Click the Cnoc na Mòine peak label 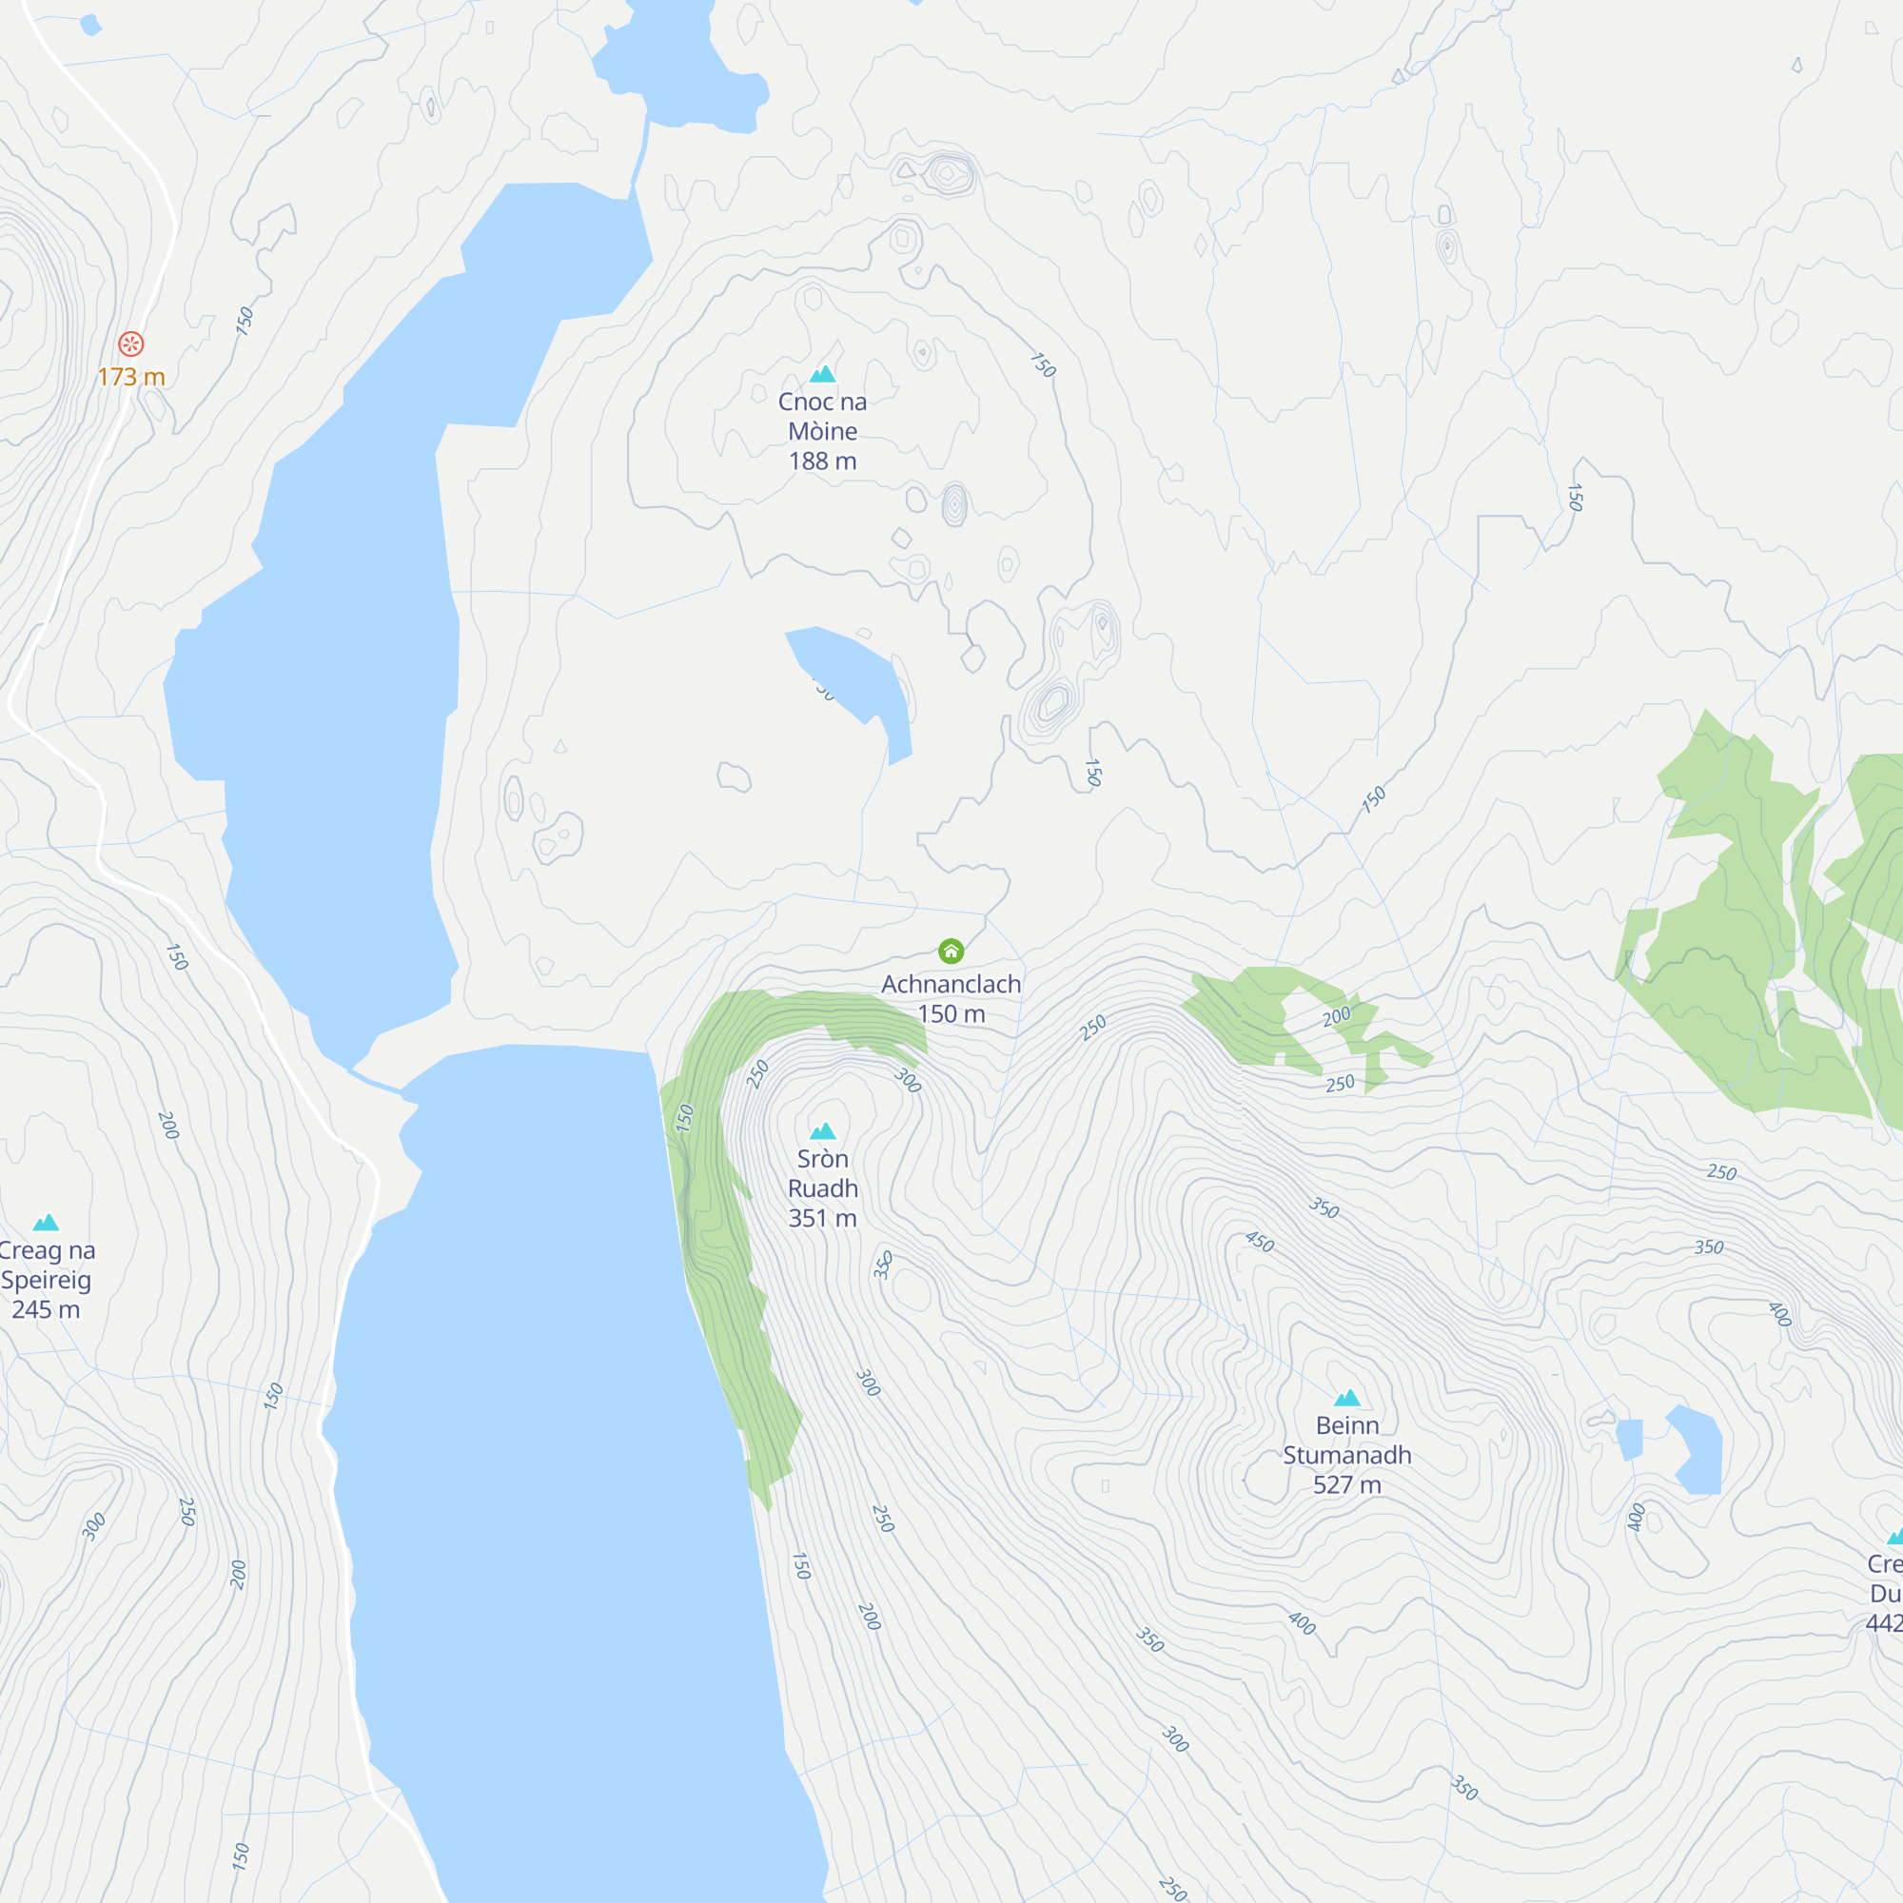pyautogui.click(x=822, y=417)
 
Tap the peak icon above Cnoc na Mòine pyautogui.click(x=822, y=373)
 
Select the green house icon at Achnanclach pyautogui.click(x=951, y=951)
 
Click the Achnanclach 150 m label pyautogui.click(x=951, y=998)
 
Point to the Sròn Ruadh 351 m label pyautogui.click(x=822, y=1187)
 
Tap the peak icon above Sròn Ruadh pyautogui.click(x=822, y=1130)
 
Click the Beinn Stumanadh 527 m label pyautogui.click(x=1346, y=1454)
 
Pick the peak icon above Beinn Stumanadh pyautogui.click(x=1346, y=1397)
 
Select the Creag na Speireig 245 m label pyautogui.click(x=47, y=1280)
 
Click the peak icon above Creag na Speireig pyautogui.click(x=47, y=1223)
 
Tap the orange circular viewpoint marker pyautogui.click(x=131, y=343)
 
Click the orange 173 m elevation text pyautogui.click(x=131, y=377)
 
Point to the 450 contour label pyautogui.click(x=1260, y=1241)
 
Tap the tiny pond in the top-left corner pyautogui.click(x=90, y=25)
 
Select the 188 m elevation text pyautogui.click(x=822, y=461)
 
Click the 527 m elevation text pyautogui.click(x=1346, y=1484)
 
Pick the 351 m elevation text pyautogui.click(x=822, y=1219)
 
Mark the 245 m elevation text pyautogui.click(x=47, y=1310)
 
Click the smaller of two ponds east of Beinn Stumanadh pyautogui.click(x=1630, y=1439)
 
